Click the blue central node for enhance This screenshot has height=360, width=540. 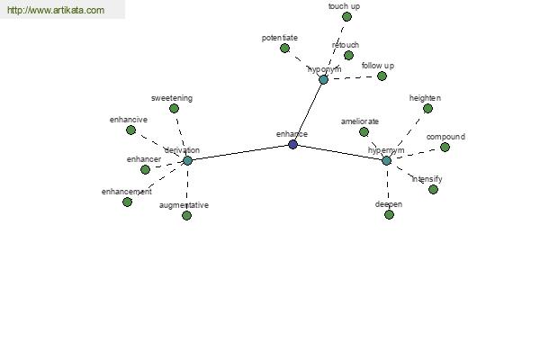[x=292, y=144]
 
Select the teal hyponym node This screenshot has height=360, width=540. [x=323, y=80]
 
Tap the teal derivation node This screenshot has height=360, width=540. [x=187, y=160]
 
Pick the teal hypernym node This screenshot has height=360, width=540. [x=386, y=160]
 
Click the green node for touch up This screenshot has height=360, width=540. [x=346, y=16]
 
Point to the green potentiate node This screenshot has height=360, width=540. [x=284, y=49]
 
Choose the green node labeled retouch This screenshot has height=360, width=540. [x=348, y=55]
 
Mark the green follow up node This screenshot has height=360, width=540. [x=382, y=76]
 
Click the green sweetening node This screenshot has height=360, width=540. [x=174, y=109]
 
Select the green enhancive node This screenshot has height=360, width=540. [x=130, y=130]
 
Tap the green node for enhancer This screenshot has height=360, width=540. [x=145, y=169]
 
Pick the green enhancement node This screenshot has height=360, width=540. [x=127, y=202]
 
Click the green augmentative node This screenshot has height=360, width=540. [x=186, y=216]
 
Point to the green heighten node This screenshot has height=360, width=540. [x=427, y=109]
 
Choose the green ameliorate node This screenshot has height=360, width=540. [x=364, y=132]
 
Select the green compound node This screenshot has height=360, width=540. [x=445, y=148]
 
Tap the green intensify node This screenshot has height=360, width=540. [x=433, y=190]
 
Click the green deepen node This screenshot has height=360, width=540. [x=389, y=214]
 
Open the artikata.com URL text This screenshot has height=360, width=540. [x=56, y=10]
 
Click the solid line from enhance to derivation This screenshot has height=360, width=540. [x=240, y=152]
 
